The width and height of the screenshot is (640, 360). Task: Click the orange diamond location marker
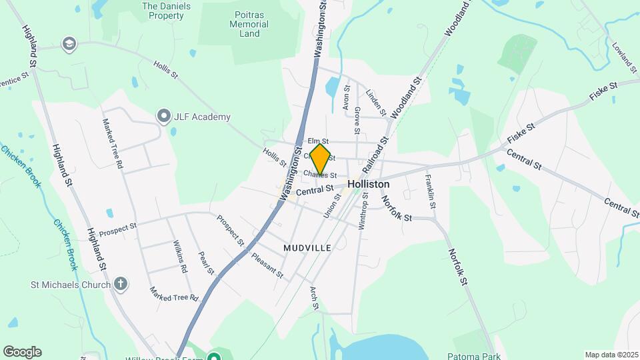pyautogui.click(x=320, y=159)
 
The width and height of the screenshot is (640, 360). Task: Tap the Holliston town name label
pyautogui.click(x=368, y=184)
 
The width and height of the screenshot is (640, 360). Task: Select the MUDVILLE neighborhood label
pyautogui.click(x=307, y=247)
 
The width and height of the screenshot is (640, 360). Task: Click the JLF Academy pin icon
pyautogui.click(x=164, y=117)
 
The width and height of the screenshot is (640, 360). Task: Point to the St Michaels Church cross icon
pyautogui.click(x=121, y=285)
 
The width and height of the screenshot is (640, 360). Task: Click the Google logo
pyautogui.click(x=22, y=351)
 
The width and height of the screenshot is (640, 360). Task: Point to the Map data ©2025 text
pyautogui.click(x=610, y=355)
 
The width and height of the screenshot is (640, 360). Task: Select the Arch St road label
pyautogui.click(x=315, y=298)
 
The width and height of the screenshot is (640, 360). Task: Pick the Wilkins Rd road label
pyautogui.click(x=179, y=257)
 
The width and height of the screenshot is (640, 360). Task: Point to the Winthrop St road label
pyautogui.click(x=364, y=210)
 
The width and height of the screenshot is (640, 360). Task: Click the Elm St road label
pyautogui.click(x=317, y=141)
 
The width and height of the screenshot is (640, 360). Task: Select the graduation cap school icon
pyautogui.click(x=68, y=45)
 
